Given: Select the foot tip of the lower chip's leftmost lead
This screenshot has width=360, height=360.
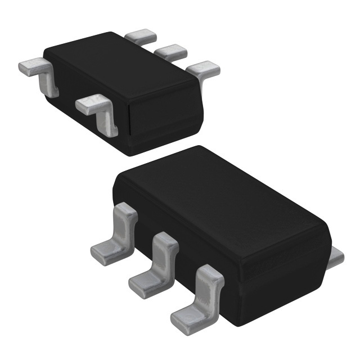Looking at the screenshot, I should pyautogui.click(x=101, y=253).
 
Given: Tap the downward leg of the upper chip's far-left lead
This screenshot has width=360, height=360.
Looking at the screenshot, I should pyautogui.click(x=49, y=84).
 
